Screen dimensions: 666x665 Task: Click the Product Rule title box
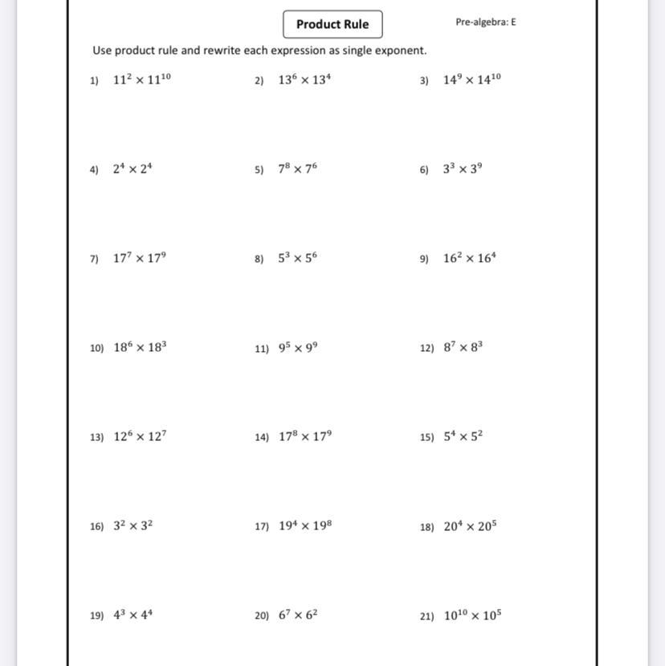[x=332, y=24]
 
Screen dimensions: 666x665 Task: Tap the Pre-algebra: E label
[x=485, y=22]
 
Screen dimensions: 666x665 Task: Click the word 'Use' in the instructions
[x=102, y=51]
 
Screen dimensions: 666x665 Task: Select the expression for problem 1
[x=142, y=80]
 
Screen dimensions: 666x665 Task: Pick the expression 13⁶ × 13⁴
[x=304, y=80]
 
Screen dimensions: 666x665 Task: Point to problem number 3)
[x=424, y=80]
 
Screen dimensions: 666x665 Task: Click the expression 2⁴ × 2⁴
[x=133, y=169]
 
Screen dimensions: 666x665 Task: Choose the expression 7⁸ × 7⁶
[x=298, y=169]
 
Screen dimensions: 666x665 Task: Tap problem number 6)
[x=424, y=170]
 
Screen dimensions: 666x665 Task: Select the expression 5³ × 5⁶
[x=298, y=258]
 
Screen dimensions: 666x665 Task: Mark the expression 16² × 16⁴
[x=470, y=258]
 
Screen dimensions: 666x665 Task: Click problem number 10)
[x=97, y=349]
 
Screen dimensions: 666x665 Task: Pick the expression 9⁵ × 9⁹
[x=298, y=348]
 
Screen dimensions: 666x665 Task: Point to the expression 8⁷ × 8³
[x=463, y=348]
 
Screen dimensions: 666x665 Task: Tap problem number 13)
[x=97, y=438]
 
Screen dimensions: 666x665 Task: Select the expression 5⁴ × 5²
[x=463, y=437]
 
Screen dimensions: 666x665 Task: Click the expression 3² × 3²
[x=133, y=526]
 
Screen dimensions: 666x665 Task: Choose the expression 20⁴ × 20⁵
[x=470, y=526]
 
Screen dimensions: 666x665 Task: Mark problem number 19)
[x=97, y=616]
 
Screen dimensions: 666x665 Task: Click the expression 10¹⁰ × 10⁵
[x=472, y=615]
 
